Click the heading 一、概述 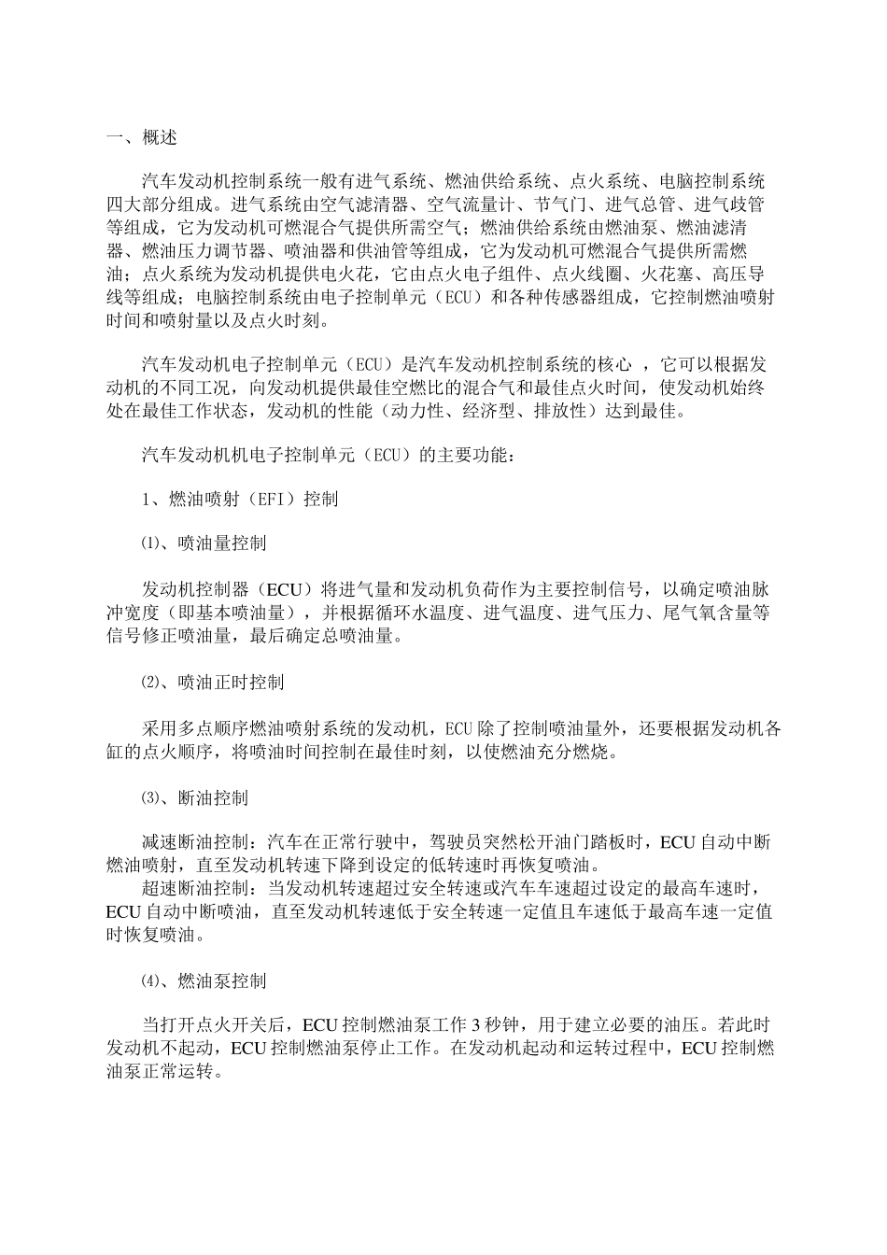click(x=141, y=138)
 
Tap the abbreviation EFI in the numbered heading click(x=275, y=500)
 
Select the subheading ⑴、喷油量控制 click(x=203, y=543)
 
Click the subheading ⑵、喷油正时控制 click(x=212, y=683)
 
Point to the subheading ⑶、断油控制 click(x=194, y=798)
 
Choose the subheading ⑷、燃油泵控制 click(x=203, y=981)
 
